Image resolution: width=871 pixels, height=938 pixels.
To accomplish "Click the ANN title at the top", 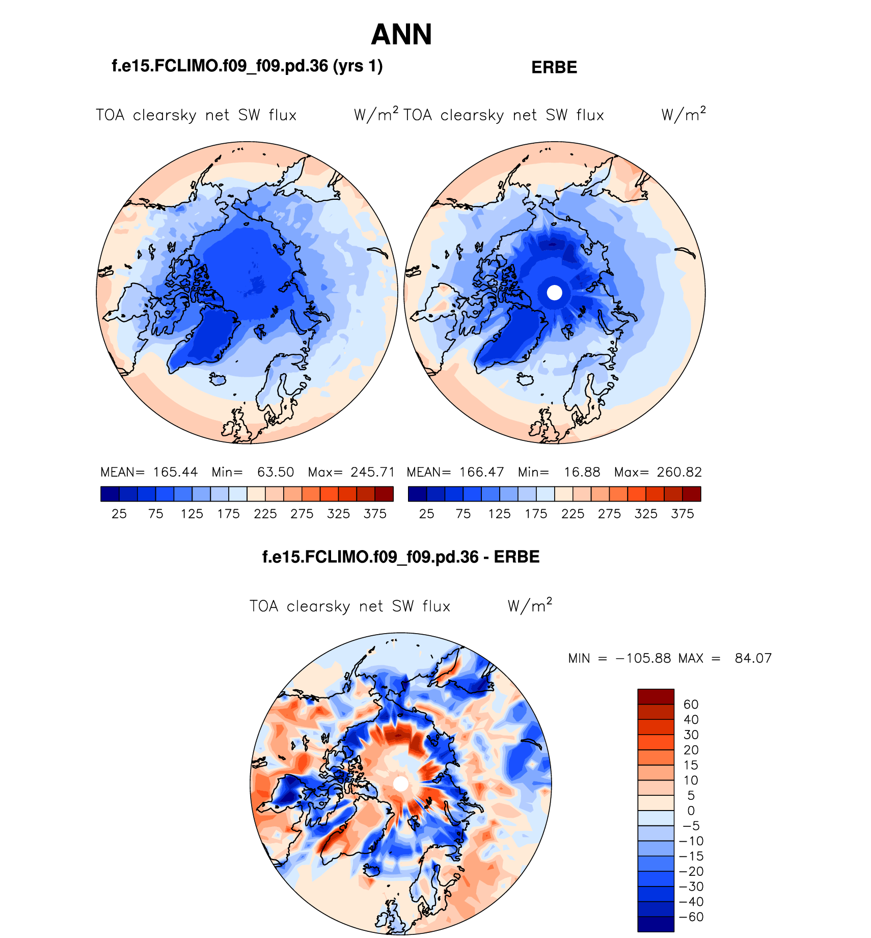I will point(401,35).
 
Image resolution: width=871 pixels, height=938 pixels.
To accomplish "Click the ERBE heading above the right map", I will point(554,67).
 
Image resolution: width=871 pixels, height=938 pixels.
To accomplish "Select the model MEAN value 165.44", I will point(175,472).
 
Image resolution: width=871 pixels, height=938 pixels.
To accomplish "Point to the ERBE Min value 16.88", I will point(582,472).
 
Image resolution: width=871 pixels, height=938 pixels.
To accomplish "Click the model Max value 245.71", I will point(373,472).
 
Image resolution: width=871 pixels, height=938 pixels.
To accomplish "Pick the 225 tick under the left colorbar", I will point(265,514).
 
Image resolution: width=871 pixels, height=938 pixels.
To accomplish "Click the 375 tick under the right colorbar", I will point(683,514).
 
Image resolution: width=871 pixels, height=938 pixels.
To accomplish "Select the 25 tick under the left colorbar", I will point(119,514).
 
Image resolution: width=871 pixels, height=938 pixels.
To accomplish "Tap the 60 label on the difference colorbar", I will point(691,705).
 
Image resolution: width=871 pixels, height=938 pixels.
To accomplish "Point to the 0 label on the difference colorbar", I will point(691,811).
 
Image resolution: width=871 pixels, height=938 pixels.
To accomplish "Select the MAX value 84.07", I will point(753,658).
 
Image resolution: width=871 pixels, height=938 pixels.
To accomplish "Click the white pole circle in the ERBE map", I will point(554,293).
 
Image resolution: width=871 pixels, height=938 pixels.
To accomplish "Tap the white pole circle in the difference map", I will point(401,784).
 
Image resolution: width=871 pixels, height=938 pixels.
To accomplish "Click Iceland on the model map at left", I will point(217,379).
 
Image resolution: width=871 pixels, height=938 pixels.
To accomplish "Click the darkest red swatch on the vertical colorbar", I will point(656,696).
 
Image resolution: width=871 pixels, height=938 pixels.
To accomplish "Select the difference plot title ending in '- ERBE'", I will point(401,557).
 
